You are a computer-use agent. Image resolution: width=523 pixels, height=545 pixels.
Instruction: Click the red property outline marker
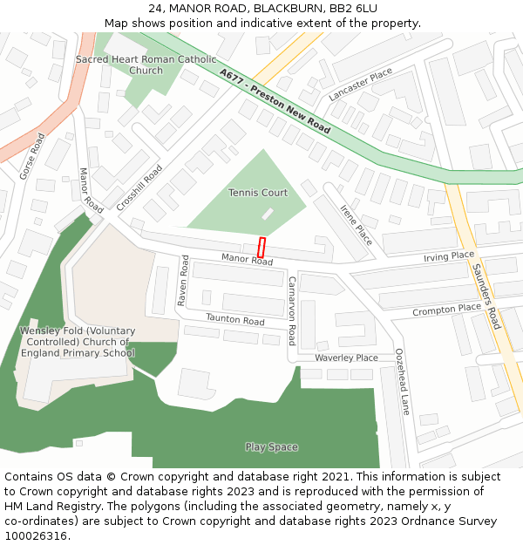[x=261, y=247]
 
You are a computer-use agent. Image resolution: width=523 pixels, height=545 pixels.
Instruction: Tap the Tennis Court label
[x=258, y=193]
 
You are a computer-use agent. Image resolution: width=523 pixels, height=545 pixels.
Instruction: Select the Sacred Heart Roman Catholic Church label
[x=146, y=65]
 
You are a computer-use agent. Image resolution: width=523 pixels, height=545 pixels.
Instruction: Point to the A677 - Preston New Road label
[x=275, y=101]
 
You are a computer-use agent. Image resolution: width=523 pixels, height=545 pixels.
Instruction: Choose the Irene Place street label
[x=356, y=225]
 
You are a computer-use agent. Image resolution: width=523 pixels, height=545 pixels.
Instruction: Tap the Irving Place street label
[x=449, y=256]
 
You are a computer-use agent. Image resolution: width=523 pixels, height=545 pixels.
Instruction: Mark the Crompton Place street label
[x=446, y=309]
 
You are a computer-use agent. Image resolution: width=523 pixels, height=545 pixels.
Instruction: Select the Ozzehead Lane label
[x=403, y=381]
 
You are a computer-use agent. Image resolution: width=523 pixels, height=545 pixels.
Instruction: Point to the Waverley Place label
[x=346, y=358]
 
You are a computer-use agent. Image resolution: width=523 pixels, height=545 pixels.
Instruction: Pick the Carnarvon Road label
[x=292, y=310]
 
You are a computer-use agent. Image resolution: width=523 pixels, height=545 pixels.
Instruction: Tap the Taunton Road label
[x=234, y=320]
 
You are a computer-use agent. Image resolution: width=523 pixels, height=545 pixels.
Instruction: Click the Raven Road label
[x=183, y=280]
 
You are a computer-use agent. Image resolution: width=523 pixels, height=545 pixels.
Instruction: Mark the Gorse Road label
[x=32, y=156]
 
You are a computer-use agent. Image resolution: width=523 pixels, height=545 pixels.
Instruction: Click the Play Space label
[x=271, y=447]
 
